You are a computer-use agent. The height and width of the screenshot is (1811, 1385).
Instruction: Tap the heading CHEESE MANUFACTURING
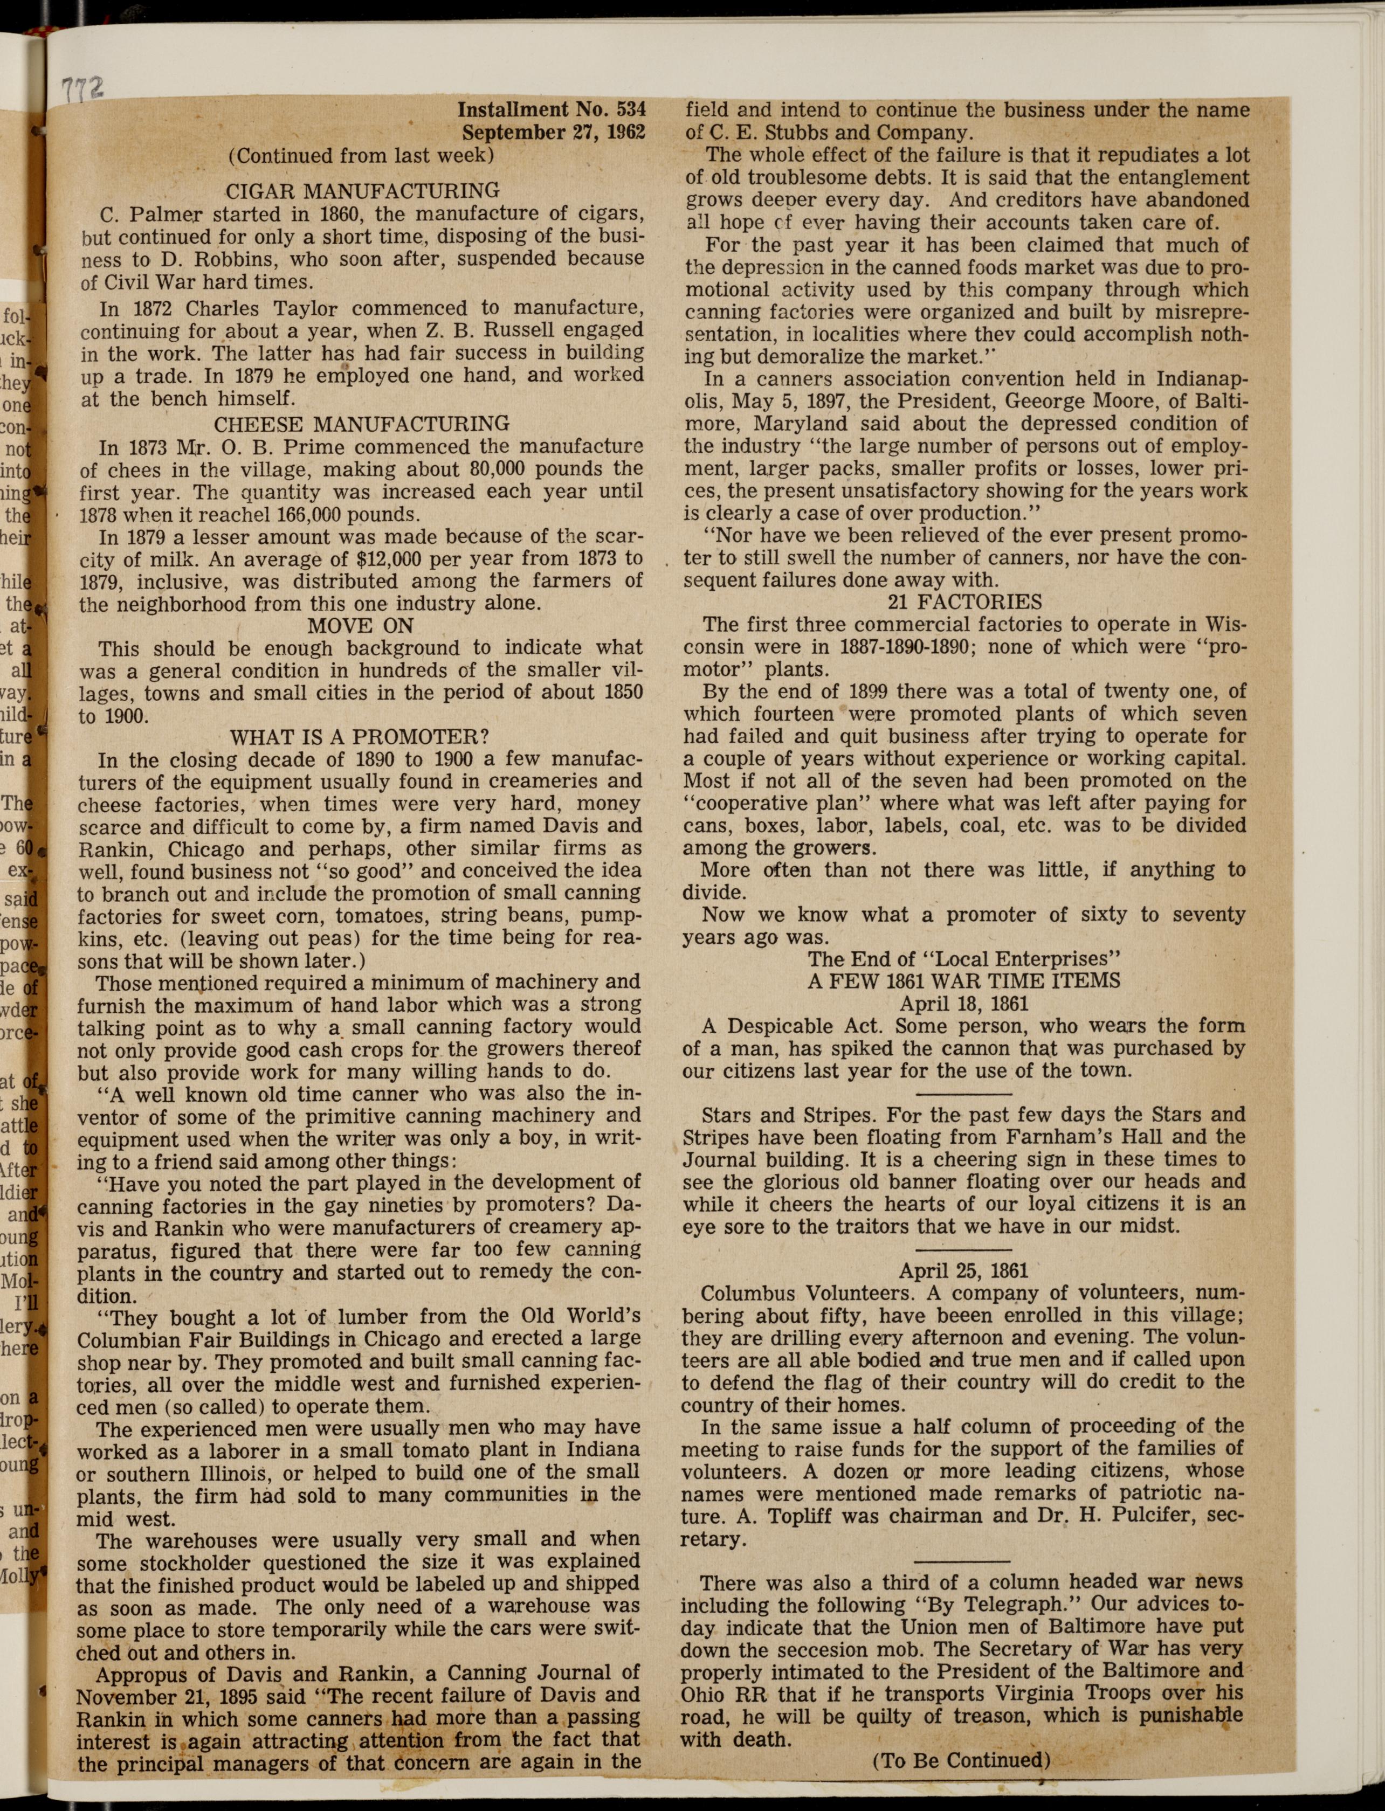[x=361, y=424]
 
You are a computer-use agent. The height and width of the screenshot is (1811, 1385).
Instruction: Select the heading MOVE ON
[x=360, y=626]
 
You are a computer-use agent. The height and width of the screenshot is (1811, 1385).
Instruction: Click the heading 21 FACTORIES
[x=964, y=602]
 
